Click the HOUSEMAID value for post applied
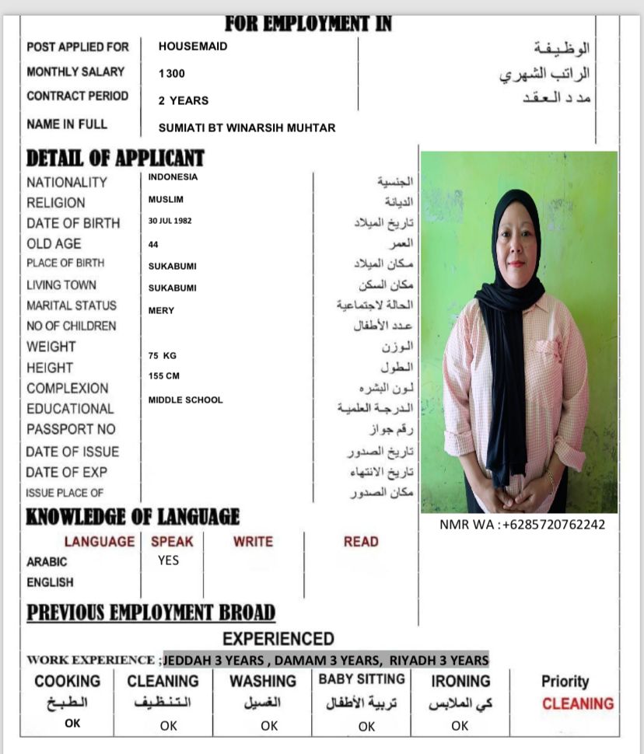pos(193,47)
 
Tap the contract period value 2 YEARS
pos(184,100)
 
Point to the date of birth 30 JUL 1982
pos(170,221)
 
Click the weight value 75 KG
pos(163,355)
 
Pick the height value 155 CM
pos(164,376)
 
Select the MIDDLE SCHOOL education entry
pos(185,400)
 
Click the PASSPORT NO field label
pos(71,429)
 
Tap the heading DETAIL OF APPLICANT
pos(115,159)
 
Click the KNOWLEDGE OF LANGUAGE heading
pos(133,517)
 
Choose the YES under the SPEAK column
pos(168,560)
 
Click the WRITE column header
pos(253,542)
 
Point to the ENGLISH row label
pos(50,582)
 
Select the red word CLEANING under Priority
pos(578,704)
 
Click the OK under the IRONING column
pos(460,726)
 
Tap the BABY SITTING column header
pos(362,679)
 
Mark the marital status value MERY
pos(161,311)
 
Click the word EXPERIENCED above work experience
pos(278,639)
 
